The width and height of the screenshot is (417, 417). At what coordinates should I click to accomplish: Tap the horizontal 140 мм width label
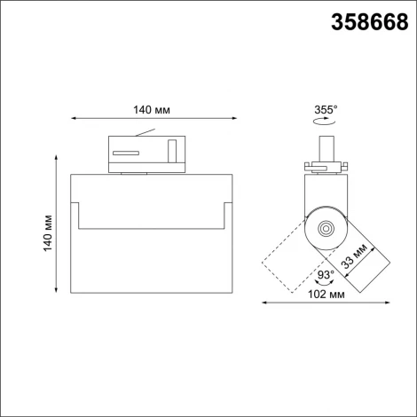tap(151, 109)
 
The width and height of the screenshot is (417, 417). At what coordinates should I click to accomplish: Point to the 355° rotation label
tap(326, 110)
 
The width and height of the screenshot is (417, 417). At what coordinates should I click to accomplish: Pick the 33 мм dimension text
tap(359, 257)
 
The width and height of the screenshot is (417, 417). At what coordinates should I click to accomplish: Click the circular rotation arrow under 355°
tap(326, 126)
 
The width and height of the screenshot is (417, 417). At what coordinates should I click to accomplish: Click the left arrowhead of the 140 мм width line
tap(72, 117)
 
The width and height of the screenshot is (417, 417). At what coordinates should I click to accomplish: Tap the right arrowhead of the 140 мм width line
tap(233, 117)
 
